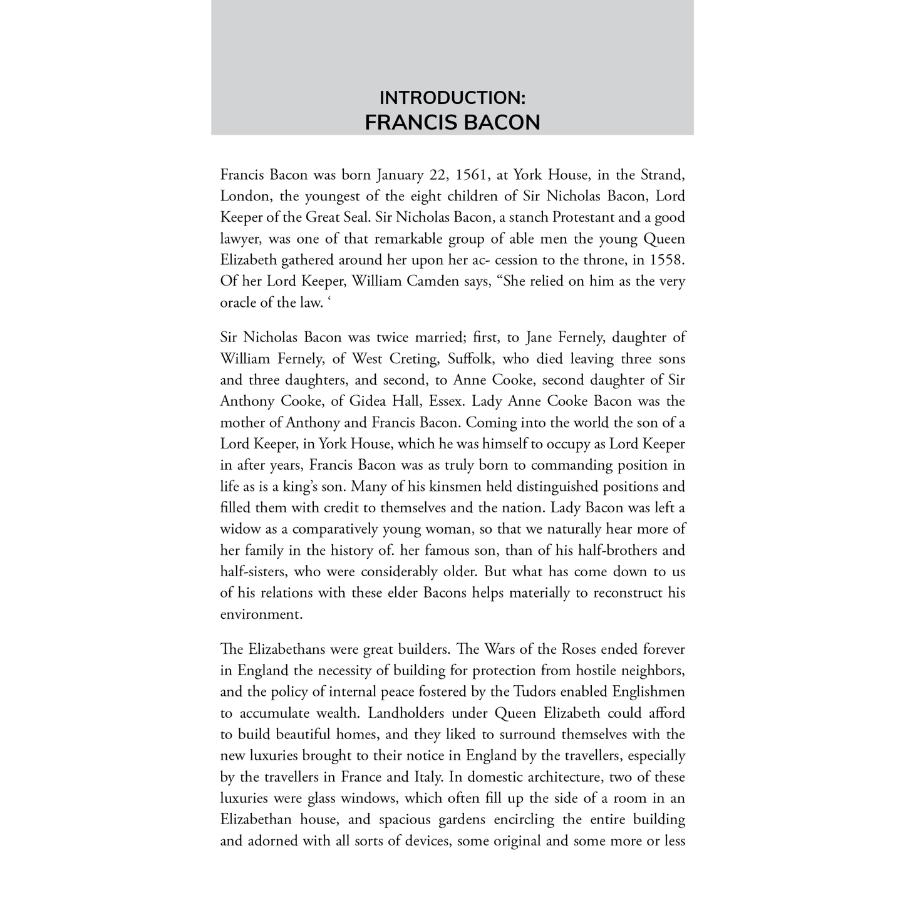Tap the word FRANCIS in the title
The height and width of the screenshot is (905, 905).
click(408, 122)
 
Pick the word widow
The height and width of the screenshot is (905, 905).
click(240, 529)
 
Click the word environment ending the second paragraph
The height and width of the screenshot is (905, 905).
click(261, 614)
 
